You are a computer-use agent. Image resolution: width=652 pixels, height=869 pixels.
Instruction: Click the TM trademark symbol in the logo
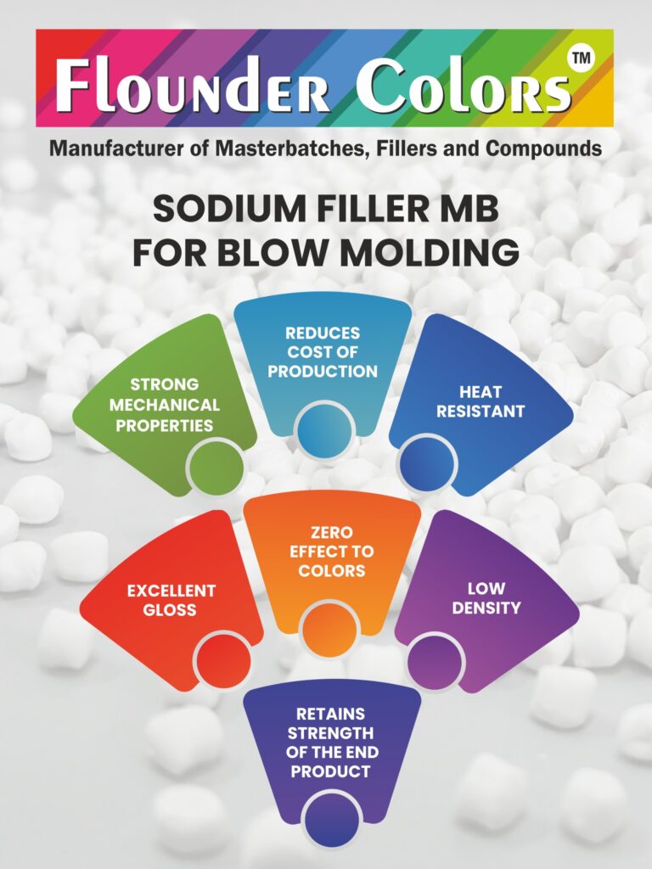coord(582,58)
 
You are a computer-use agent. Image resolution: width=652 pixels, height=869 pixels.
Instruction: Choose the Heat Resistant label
coord(481,401)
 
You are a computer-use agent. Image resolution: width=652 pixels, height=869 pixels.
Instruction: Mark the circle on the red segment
coord(222,660)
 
